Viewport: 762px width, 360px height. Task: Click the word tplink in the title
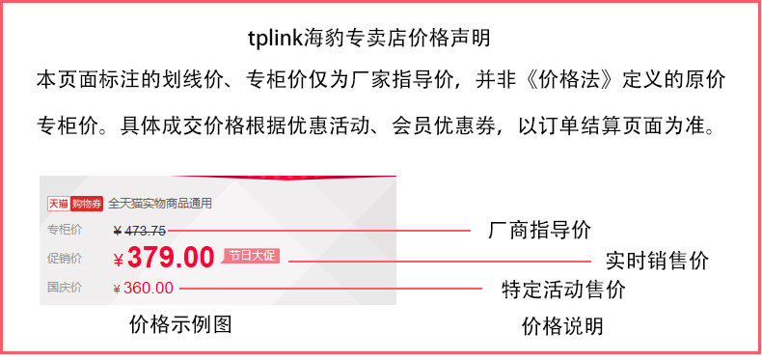pos(275,39)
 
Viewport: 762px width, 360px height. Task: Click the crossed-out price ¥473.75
pos(140,230)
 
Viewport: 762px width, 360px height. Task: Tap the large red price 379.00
pos(170,258)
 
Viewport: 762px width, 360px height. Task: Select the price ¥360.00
pos(144,288)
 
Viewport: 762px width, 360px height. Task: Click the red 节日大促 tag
pos(252,256)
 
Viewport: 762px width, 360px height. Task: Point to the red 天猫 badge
pos(58,204)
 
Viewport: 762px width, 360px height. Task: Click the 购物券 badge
pos(87,204)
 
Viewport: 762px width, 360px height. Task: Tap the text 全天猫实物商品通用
pos(159,204)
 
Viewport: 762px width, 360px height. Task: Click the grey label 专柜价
pos(65,230)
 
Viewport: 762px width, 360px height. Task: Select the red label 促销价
pos(65,259)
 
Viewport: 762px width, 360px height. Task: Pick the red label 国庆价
pos(65,288)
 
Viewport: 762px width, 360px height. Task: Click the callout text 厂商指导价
pos(539,231)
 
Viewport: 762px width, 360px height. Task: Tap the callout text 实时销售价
pos(657,261)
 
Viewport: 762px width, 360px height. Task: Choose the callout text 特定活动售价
pos(563,289)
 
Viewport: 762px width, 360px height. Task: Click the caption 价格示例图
pos(180,325)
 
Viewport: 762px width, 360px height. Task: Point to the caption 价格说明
pos(562,326)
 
